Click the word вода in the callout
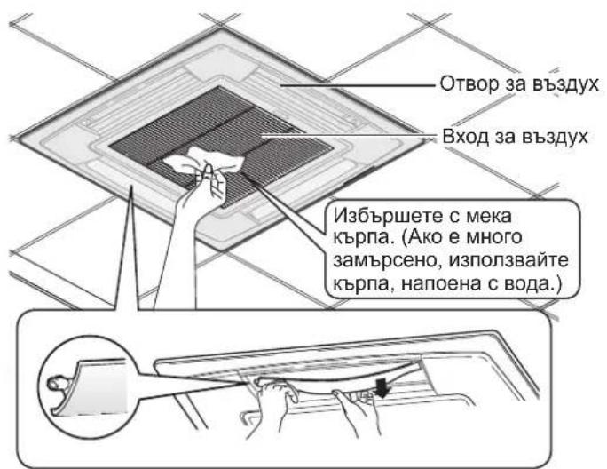528,284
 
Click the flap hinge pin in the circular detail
58,384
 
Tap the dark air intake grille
221,143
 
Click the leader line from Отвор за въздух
359,85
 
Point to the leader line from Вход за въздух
351,136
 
